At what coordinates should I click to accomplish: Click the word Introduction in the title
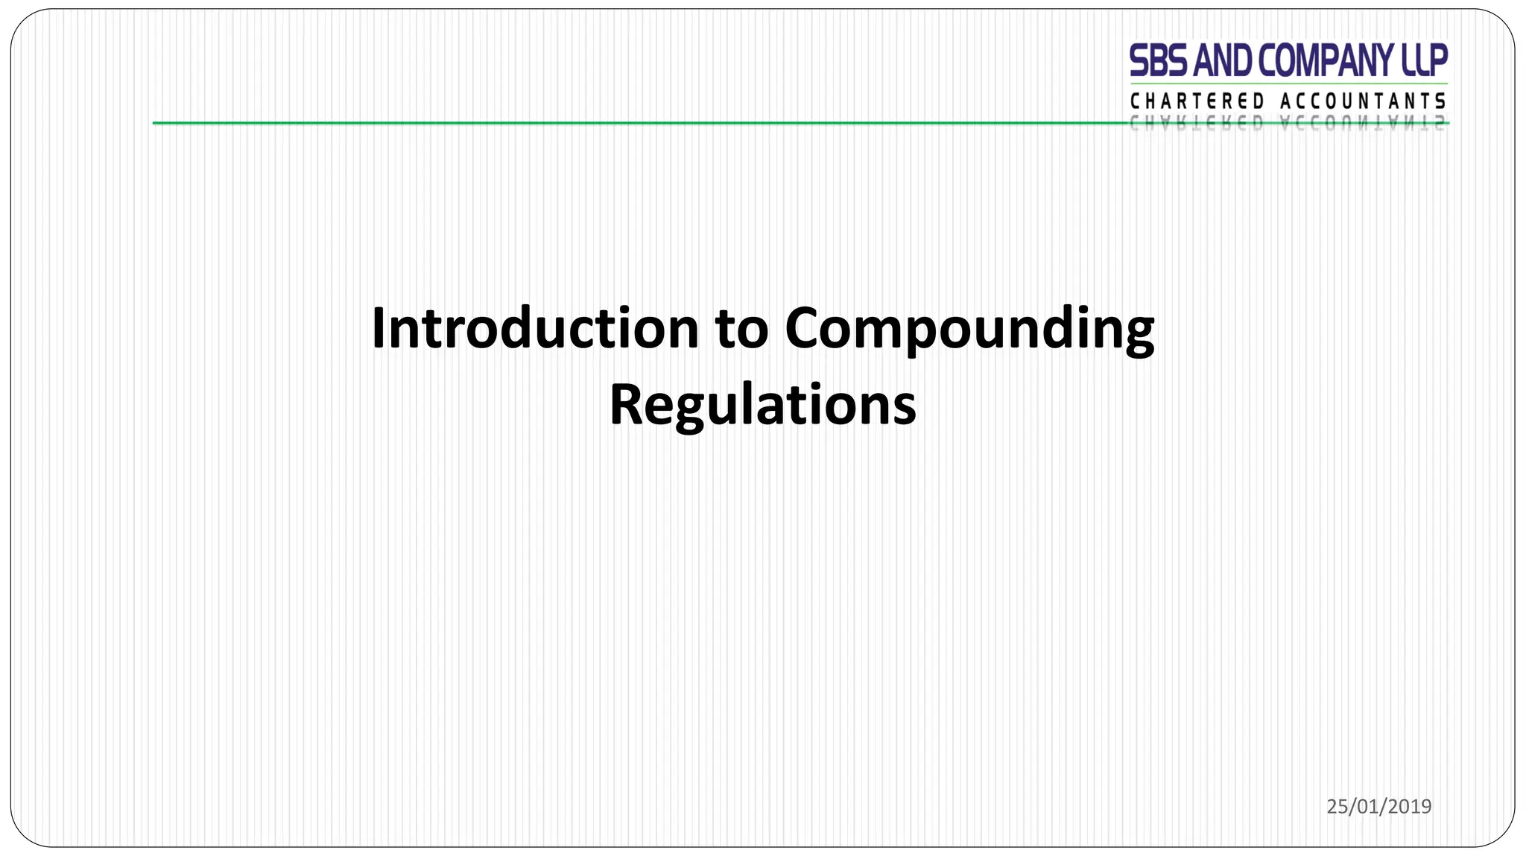coord(534,328)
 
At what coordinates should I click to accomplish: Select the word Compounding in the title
coord(969,330)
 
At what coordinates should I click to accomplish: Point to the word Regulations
coord(762,405)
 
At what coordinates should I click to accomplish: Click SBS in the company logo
coord(1159,61)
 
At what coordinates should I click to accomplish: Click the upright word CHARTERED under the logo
coord(1197,101)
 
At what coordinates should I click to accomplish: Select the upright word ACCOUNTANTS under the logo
coord(1363,101)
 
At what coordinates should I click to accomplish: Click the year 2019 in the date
coord(1410,806)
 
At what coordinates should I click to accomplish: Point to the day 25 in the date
coord(1336,806)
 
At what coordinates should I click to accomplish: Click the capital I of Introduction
coord(378,328)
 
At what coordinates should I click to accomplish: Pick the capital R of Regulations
coord(627,405)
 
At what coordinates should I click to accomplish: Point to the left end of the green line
coord(155,123)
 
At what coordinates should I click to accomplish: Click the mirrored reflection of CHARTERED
coord(1197,125)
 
